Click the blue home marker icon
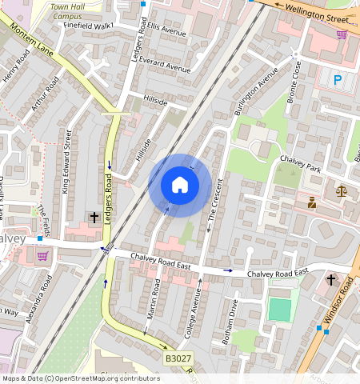pyautogui.click(x=180, y=185)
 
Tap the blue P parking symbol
pyautogui.click(x=338, y=80)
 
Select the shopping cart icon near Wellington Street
pyautogui.click(x=342, y=34)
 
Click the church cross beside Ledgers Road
pyautogui.click(x=94, y=217)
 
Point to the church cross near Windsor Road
pyautogui.click(x=331, y=280)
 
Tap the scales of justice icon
pyautogui.click(x=342, y=191)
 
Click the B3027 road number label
pyautogui.click(x=178, y=359)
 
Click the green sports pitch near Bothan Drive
pyautogui.click(x=280, y=310)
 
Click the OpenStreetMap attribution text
pyautogui.click(x=80, y=378)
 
